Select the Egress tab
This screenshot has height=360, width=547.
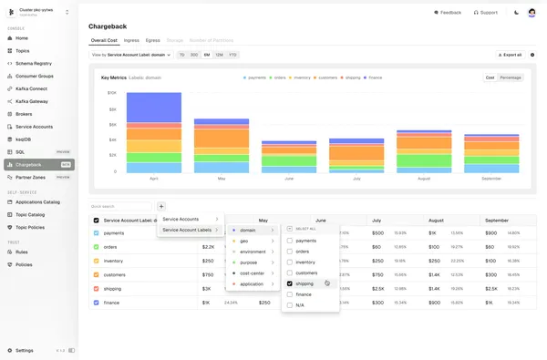coord(152,40)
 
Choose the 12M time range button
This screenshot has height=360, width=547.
coord(220,55)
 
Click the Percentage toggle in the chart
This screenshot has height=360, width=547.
coord(511,77)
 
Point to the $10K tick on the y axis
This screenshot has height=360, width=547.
coord(111,92)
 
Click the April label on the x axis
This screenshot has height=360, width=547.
coord(153,178)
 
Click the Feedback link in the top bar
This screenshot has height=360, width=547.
coord(446,13)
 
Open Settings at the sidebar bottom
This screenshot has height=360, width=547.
coord(25,350)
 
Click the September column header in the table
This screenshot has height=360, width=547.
coord(497,221)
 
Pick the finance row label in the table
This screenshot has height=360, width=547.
coord(111,302)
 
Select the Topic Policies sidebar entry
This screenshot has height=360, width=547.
coord(30,227)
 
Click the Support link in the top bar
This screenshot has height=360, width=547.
coord(486,13)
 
